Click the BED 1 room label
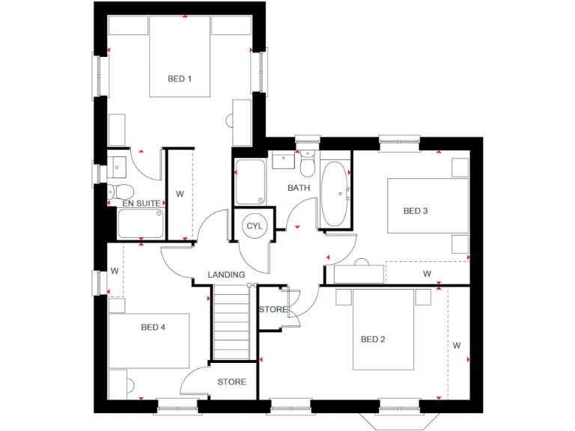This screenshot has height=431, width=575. [x=179, y=79]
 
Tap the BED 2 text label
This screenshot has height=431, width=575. [x=373, y=340]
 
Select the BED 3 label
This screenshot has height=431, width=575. [x=416, y=211]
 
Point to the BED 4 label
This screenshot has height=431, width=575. [x=153, y=327]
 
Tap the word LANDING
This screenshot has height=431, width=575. [x=226, y=275]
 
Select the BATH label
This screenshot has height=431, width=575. [x=299, y=188]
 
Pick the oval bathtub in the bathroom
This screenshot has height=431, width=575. [x=334, y=194]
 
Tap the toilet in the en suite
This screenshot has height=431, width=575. [x=121, y=190]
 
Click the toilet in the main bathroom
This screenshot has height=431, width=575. [x=307, y=163]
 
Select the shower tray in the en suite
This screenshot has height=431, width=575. [x=140, y=224]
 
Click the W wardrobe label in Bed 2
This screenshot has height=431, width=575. [x=456, y=346]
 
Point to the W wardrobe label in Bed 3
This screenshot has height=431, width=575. [x=427, y=274]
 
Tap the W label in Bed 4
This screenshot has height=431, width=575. [x=115, y=270]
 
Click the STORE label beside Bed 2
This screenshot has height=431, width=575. [x=273, y=309]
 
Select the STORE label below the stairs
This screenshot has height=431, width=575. [x=231, y=382]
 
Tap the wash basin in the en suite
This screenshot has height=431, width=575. [x=118, y=163]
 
